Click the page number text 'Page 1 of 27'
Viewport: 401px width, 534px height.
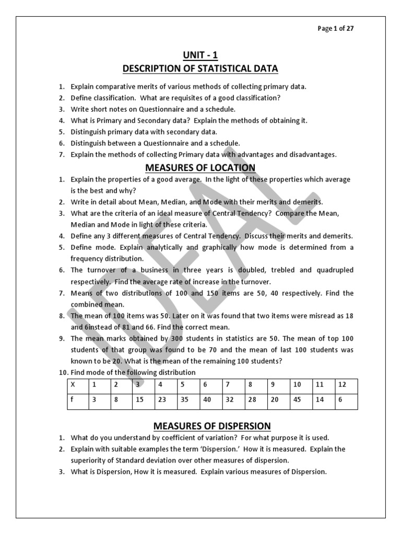pos(336,29)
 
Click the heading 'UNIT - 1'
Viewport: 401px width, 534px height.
pos(200,55)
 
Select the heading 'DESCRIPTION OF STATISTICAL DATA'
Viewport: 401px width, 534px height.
pos(200,68)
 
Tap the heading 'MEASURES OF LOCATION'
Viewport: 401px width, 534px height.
pos(200,167)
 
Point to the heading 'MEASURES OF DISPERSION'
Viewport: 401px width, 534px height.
pos(200,426)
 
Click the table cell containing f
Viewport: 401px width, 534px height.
pos(78,402)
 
